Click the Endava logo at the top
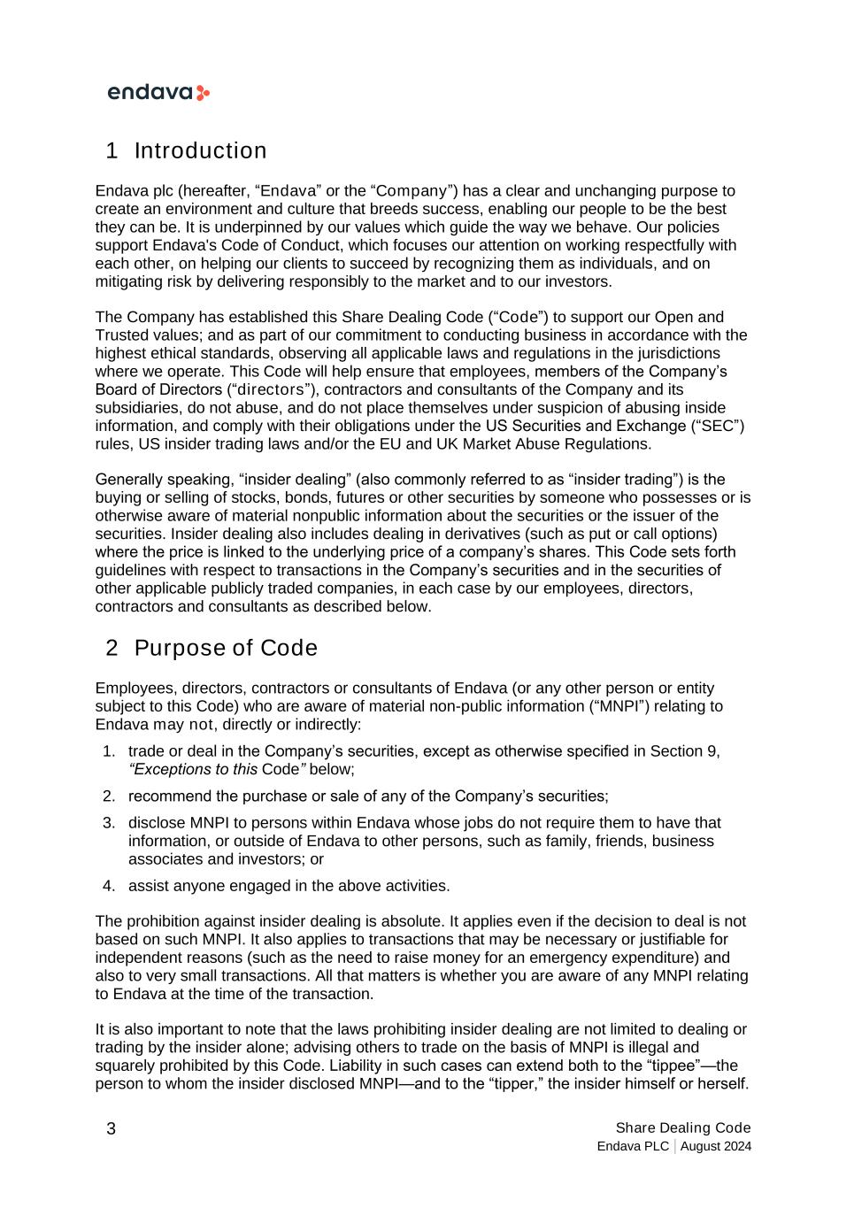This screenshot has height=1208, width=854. pos(158,93)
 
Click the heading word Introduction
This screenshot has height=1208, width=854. pos(200,151)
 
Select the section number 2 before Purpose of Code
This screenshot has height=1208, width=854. pos(112,649)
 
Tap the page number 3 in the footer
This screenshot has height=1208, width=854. pos(111,1128)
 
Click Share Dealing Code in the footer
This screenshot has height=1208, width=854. pos(682,1127)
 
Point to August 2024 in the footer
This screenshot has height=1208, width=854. pos(716,1147)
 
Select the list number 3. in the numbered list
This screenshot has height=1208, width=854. pos(109,823)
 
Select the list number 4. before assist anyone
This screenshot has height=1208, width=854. pos(109,886)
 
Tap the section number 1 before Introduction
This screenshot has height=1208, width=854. pos(112,151)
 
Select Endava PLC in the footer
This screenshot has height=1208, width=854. pos(633,1147)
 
